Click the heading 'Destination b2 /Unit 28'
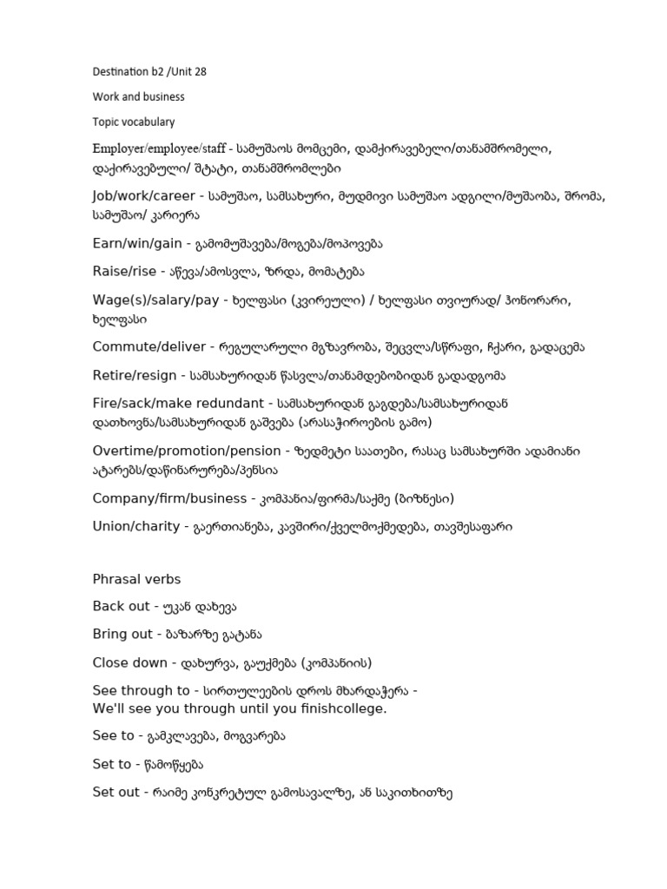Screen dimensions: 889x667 tap(149, 71)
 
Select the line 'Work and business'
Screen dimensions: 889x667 tap(138, 96)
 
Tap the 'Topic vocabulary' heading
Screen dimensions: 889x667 tap(135, 122)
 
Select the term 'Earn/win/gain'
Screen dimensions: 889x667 tap(136, 245)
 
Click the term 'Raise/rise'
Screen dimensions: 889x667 tap(124, 271)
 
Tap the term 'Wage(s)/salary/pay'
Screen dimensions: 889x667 tap(155, 300)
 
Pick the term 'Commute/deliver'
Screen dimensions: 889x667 tap(146, 347)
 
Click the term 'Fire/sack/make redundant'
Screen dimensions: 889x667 tap(178, 403)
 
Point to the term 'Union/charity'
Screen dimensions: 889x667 tap(135, 526)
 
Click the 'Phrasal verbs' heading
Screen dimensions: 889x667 tap(136, 579)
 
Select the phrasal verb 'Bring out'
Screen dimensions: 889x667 tap(122, 634)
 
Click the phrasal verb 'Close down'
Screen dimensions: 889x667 tap(129, 662)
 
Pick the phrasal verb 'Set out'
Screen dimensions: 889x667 tap(116, 792)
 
